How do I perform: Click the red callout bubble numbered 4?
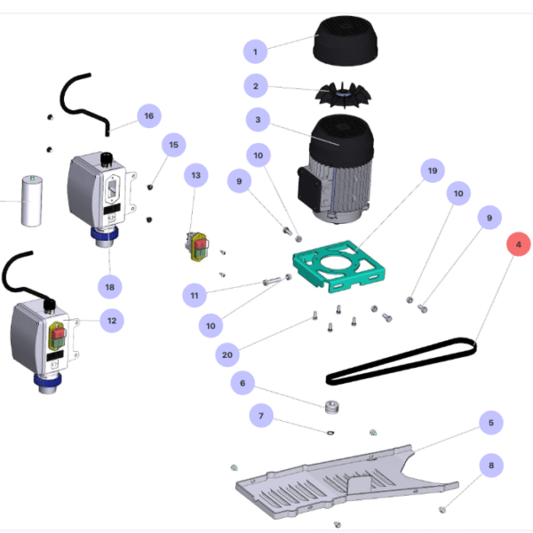click(x=519, y=244)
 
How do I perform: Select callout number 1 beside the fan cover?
click(x=255, y=52)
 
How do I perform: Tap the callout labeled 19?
click(x=433, y=171)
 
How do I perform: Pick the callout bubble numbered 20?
click(x=227, y=354)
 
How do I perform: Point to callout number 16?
click(x=149, y=115)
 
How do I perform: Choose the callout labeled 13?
click(x=196, y=175)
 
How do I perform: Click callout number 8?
click(x=491, y=465)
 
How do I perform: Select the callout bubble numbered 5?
click(x=491, y=423)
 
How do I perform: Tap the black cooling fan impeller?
click(x=343, y=95)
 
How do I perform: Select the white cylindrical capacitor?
click(x=32, y=201)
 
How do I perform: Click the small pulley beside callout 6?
click(x=331, y=407)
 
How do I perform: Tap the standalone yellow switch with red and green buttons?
click(x=197, y=246)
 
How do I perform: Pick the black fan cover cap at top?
click(x=345, y=41)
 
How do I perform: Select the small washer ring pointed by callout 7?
click(x=330, y=433)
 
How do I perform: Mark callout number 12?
click(x=112, y=321)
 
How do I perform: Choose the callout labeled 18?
click(x=109, y=287)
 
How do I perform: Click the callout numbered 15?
click(x=174, y=145)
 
